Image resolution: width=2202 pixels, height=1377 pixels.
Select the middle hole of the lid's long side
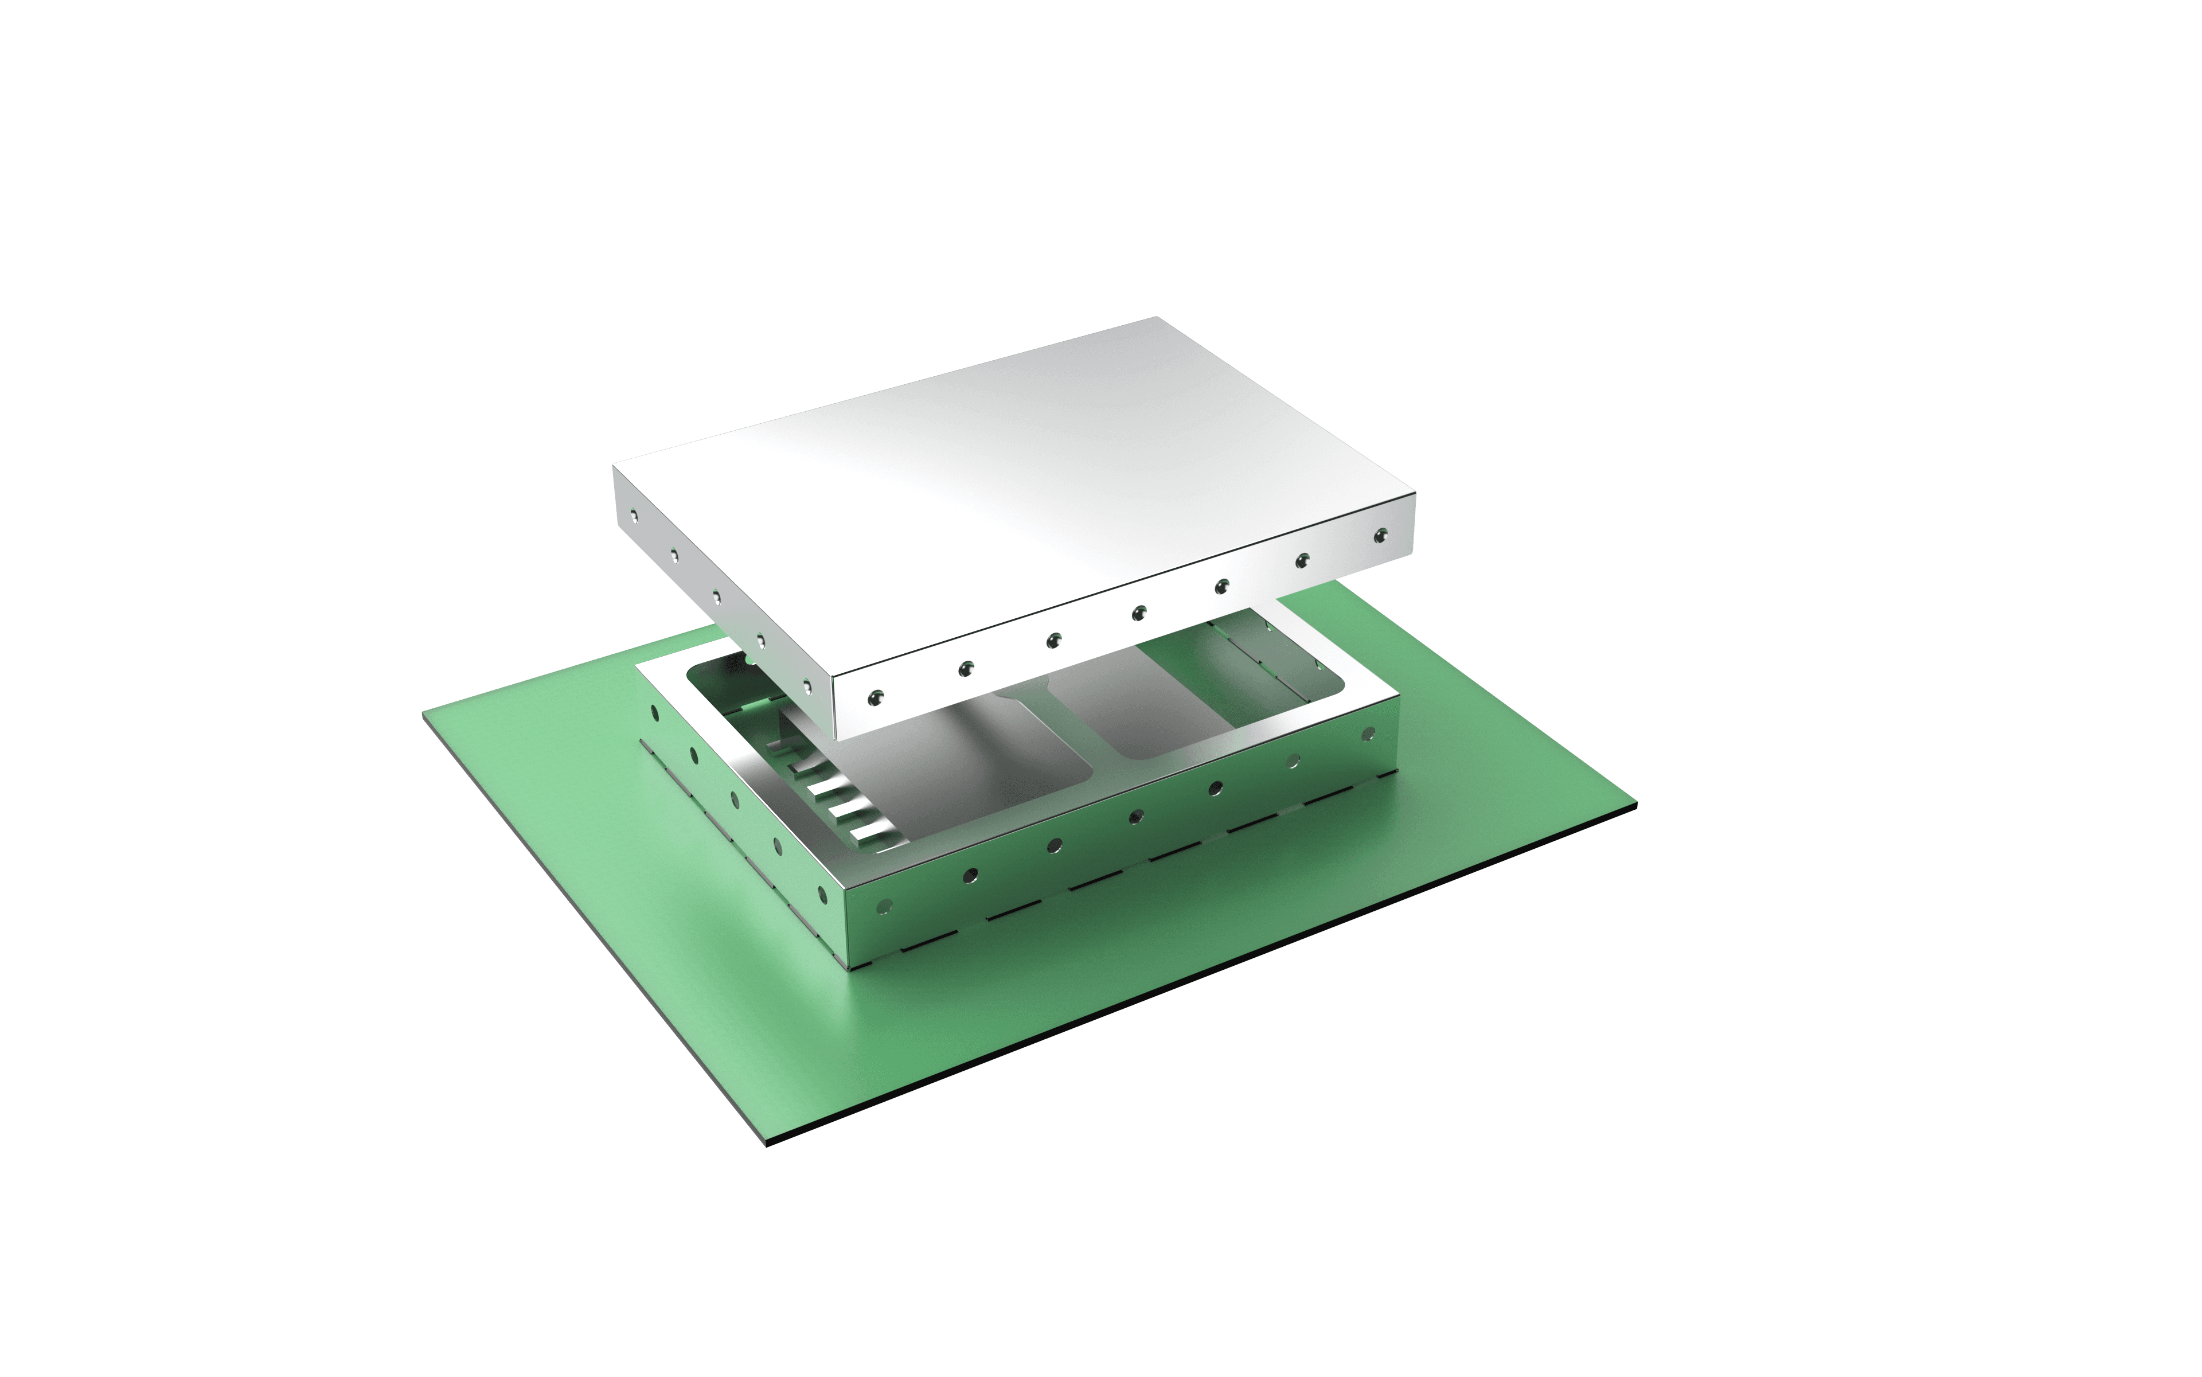coord(1138,613)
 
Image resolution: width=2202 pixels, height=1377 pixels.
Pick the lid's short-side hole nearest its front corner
coord(806,683)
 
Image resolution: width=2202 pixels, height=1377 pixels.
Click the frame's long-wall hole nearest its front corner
coord(883,906)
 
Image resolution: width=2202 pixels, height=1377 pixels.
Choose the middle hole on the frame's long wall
coord(1135,816)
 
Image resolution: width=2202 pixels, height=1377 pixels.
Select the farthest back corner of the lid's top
coord(1157,317)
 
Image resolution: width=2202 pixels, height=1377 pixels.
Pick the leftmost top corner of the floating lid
coord(614,463)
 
